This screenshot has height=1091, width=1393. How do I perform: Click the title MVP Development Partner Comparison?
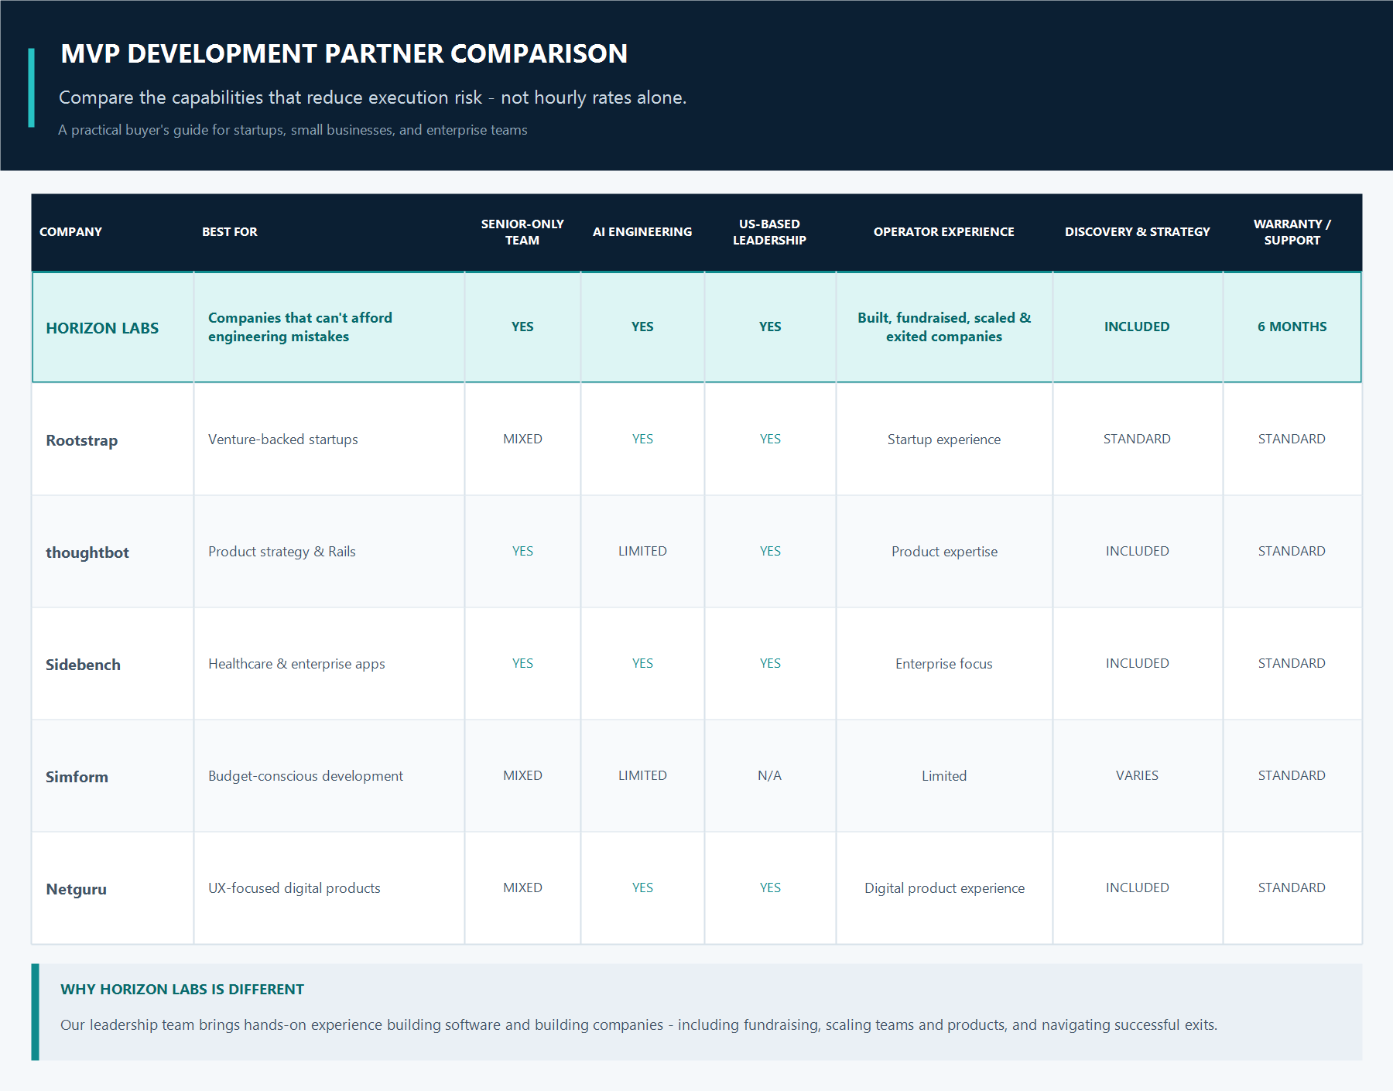click(x=344, y=53)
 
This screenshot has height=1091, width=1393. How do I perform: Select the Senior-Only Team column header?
click(x=522, y=232)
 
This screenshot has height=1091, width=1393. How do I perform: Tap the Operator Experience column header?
click(x=943, y=232)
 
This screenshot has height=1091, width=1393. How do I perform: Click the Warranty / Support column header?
click(x=1292, y=232)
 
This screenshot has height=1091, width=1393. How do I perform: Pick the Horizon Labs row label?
click(x=102, y=328)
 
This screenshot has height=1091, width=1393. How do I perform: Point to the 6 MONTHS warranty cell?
click(x=1292, y=327)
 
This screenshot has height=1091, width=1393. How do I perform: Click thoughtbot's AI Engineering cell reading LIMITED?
click(x=642, y=551)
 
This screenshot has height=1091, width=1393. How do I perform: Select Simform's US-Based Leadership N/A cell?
click(x=769, y=775)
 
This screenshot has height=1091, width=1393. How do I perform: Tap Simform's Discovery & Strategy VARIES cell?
click(x=1137, y=775)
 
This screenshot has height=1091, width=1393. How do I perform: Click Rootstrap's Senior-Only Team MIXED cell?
click(x=522, y=439)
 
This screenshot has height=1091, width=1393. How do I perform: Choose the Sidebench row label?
click(x=83, y=665)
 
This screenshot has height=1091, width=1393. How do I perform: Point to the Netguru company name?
click(x=76, y=889)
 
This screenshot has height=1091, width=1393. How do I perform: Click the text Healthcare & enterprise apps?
click(x=296, y=664)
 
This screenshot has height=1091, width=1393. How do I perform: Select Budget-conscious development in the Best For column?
click(x=306, y=776)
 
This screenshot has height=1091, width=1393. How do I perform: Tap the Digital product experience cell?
click(x=944, y=888)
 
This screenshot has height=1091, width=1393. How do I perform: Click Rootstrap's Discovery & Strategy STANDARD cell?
click(x=1137, y=439)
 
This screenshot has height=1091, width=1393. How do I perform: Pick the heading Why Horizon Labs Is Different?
click(x=182, y=989)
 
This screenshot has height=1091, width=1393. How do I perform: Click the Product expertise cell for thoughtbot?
click(x=944, y=552)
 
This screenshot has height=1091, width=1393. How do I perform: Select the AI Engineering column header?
click(x=642, y=232)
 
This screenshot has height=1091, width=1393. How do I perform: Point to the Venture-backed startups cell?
click(x=282, y=439)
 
